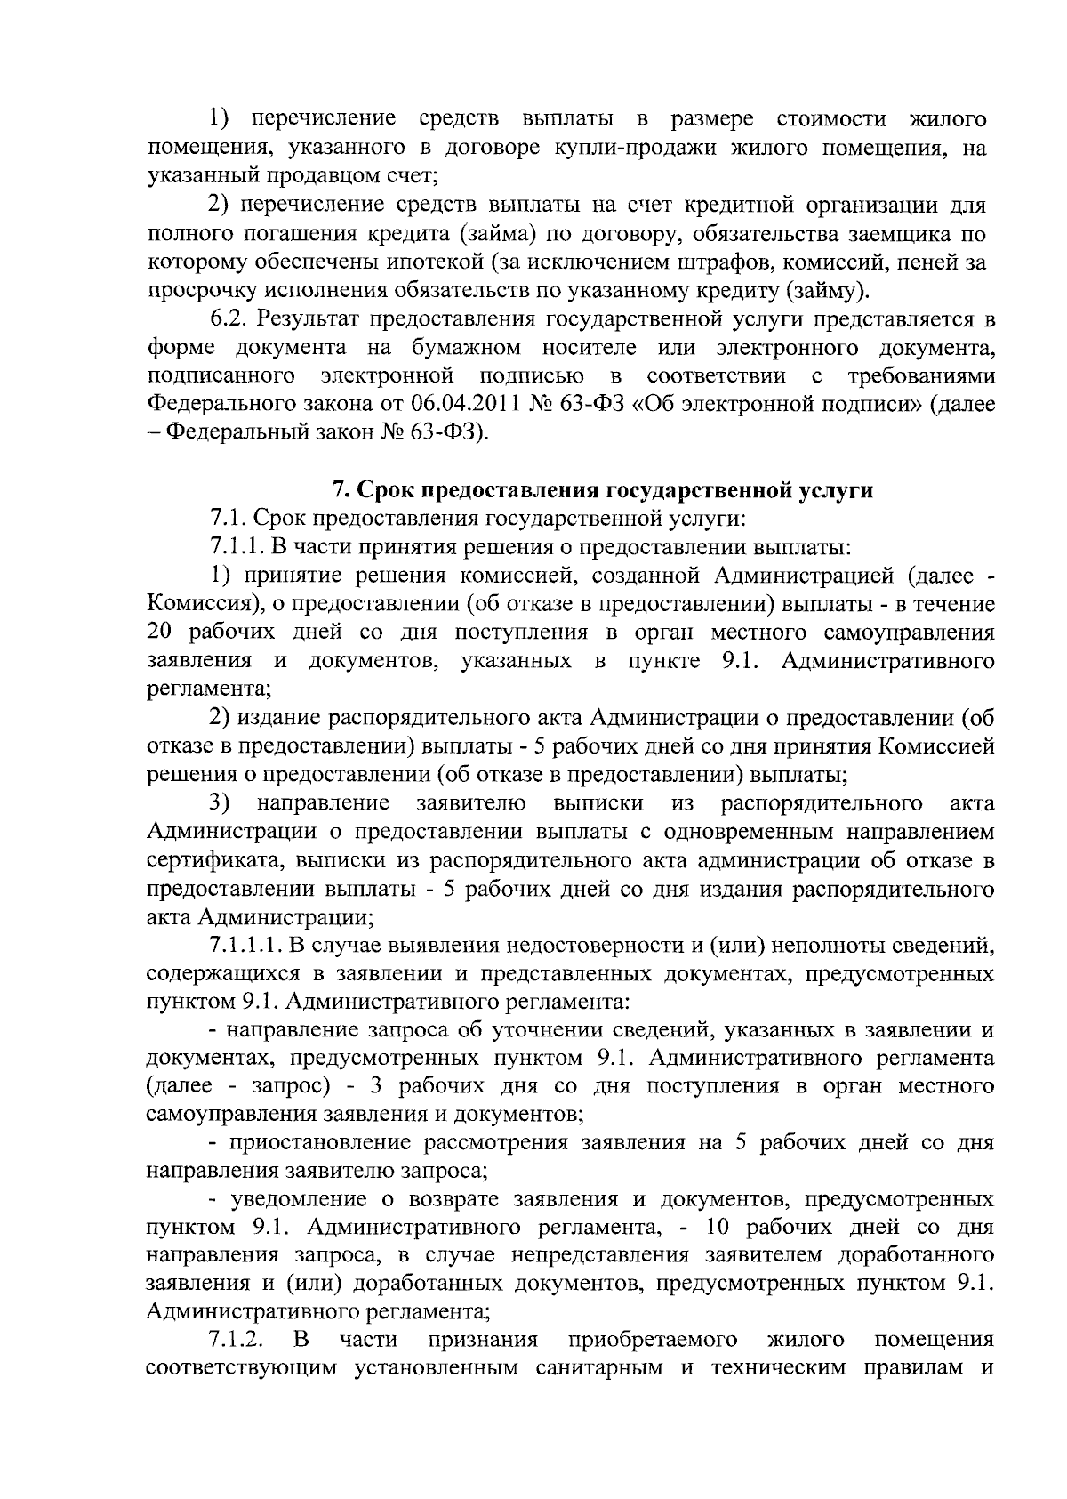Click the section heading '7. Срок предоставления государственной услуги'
point(602,489)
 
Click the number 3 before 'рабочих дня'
point(377,1085)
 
